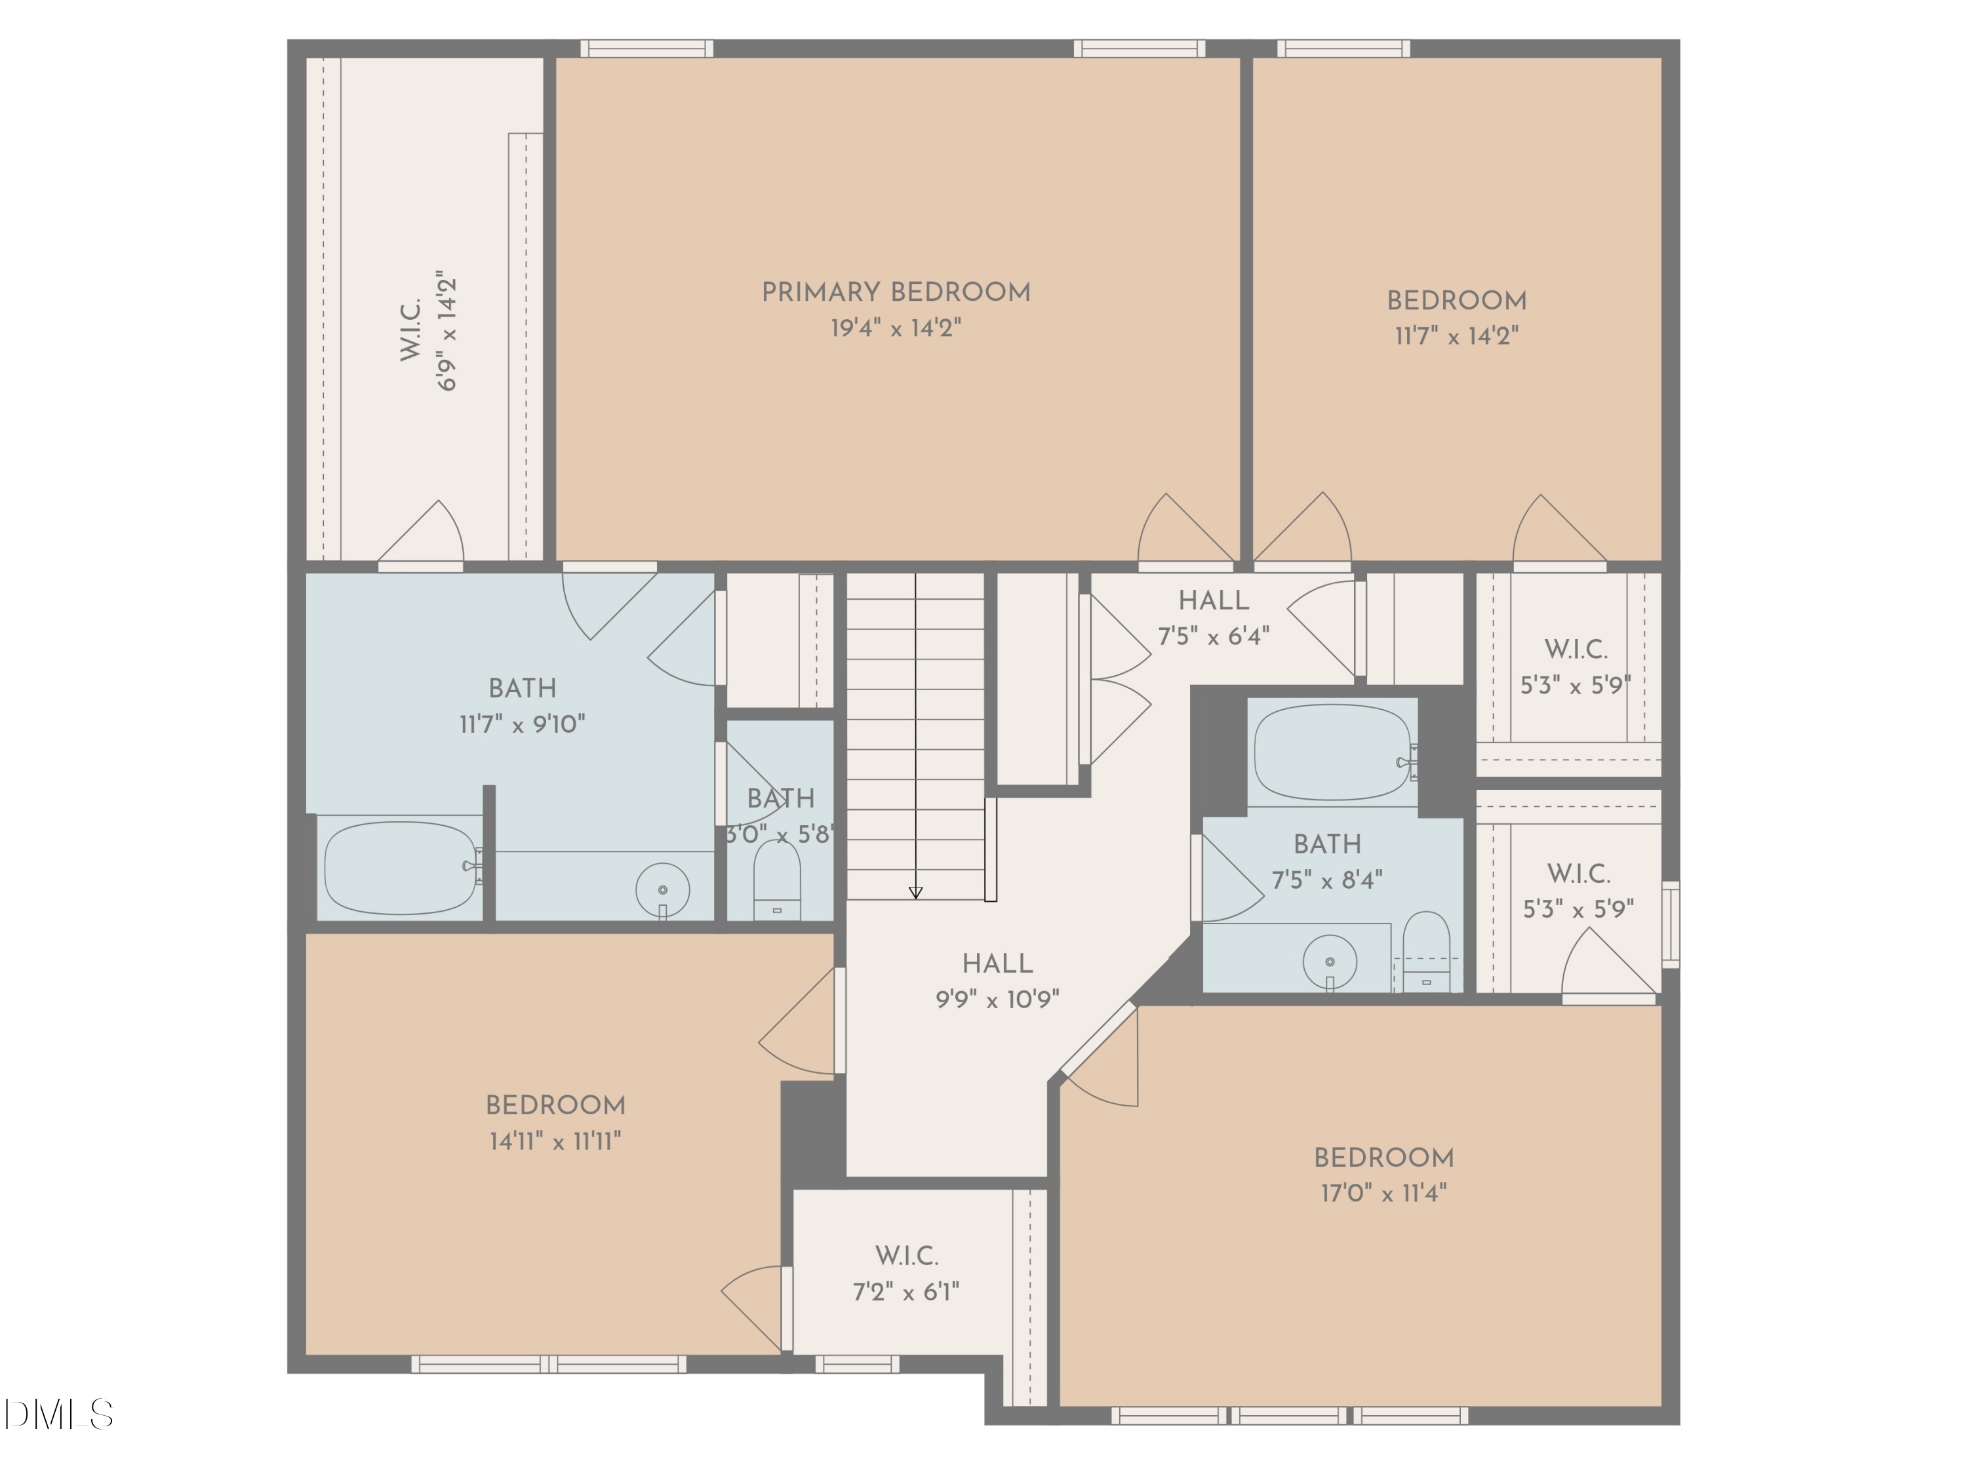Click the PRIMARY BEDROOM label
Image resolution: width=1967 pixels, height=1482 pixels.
click(x=896, y=292)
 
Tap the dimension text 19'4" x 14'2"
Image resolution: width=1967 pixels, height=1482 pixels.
click(x=896, y=328)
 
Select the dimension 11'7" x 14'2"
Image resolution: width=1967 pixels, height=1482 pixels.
click(x=1457, y=336)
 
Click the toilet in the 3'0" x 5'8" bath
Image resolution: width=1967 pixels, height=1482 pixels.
click(x=776, y=880)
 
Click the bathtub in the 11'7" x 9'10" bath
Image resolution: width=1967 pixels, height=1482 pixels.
click(x=401, y=868)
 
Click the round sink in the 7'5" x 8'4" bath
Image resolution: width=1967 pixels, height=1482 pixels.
click(x=1330, y=962)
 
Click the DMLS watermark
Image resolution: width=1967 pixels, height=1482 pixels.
click(x=58, y=1414)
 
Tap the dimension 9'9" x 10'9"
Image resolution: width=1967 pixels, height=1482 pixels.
click(x=997, y=1000)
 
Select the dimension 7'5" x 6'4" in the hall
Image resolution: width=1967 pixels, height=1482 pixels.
click(x=1213, y=636)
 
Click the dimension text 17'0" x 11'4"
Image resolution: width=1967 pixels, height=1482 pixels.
click(x=1383, y=1193)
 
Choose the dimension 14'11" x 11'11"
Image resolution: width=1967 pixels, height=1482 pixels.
click(x=555, y=1141)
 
